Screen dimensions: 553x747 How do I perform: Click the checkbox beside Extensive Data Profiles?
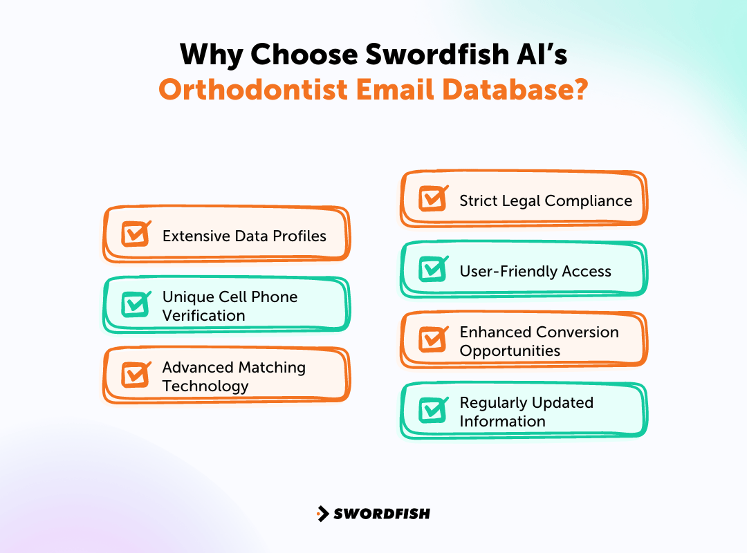136,234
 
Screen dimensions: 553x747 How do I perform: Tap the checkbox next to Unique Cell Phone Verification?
136,305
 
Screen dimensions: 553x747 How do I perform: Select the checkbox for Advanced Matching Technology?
136,375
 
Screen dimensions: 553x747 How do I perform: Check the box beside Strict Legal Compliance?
433,199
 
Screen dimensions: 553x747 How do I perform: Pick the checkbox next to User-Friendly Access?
433,270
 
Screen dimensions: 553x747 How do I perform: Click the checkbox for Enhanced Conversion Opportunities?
433,340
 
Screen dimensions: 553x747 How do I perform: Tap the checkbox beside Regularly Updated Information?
433,411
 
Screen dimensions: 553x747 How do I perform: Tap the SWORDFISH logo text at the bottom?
382,514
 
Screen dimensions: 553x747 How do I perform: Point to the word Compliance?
589,200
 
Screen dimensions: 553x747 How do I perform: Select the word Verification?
203,315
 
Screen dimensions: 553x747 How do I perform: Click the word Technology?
205,386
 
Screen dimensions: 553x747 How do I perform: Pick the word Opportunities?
510,350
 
